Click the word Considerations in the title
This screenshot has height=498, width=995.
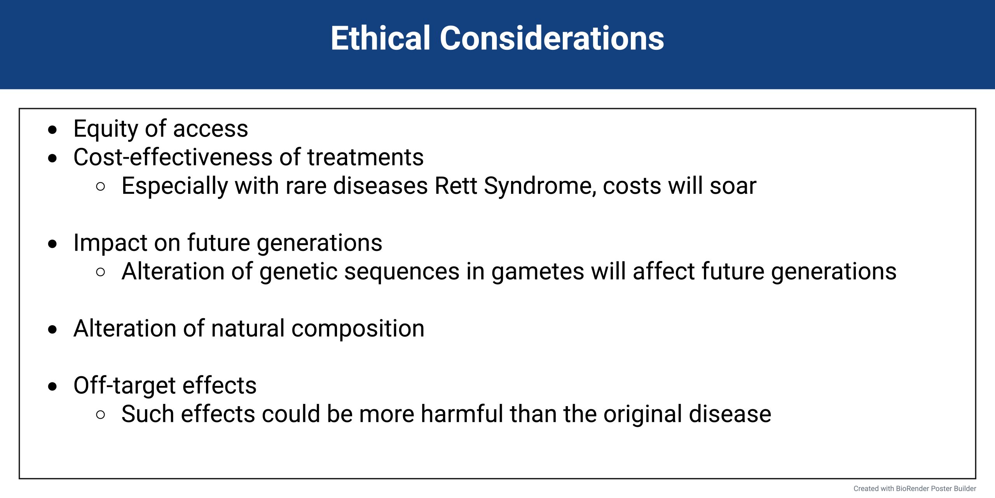pyautogui.click(x=552, y=38)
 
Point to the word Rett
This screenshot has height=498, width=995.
pyautogui.click(x=456, y=186)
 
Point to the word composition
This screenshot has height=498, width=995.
pyautogui.click(x=358, y=329)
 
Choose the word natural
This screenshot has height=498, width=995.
pyautogui.click(x=248, y=328)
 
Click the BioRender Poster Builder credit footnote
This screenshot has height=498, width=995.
pyautogui.click(x=915, y=489)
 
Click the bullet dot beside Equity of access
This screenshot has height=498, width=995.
pyautogui.click(x=52, y=130)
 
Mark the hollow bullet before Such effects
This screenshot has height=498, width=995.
pyautogui.click(x=100, y=415)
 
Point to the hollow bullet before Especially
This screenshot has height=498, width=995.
pyautogui.click(x=100, y=187)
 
